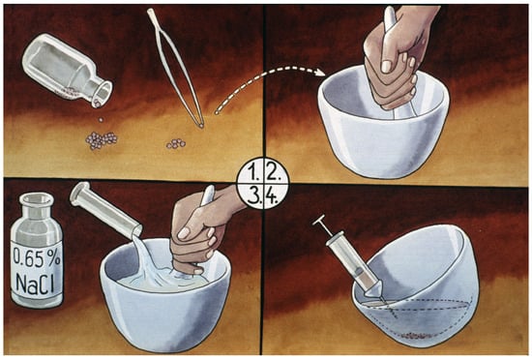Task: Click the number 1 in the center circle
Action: point(252,173)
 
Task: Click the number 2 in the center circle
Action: point(273,173)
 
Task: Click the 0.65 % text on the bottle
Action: point(37,257)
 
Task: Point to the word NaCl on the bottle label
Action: point(35,284)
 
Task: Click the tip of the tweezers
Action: point(201,126)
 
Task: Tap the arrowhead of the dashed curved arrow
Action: point(320,73)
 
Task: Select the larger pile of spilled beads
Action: point(102,140)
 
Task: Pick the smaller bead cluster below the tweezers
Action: point(176,144)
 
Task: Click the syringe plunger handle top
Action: point(319,221)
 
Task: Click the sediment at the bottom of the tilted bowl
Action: point(417,336)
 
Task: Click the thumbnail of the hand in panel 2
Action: point(387,66)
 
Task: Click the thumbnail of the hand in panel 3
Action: point(184,233)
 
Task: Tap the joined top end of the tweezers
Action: point(151,14)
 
